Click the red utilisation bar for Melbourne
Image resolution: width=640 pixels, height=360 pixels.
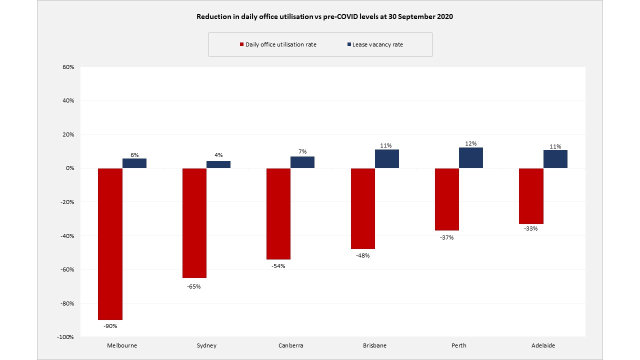click(110, 244)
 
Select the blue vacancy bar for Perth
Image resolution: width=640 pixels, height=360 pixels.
click(471, 158)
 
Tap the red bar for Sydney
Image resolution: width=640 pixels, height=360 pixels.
click(194, 223)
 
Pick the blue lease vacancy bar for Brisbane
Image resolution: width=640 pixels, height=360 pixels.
click(387, 159)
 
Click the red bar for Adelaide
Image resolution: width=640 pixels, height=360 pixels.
click(531, 196)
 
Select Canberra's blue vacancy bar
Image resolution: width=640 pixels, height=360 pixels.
click(302, 162)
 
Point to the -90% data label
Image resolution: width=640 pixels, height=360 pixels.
click(110, 326)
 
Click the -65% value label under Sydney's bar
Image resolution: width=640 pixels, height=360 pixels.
click(194, 286)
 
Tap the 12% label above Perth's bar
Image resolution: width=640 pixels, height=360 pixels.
click(471, 144)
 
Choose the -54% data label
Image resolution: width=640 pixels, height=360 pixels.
click(278, 266)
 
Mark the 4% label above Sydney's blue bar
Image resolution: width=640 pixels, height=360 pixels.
click(218, 155)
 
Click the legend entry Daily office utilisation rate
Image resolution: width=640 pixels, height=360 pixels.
click(280, 44)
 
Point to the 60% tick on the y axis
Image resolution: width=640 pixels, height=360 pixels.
click(68, 67)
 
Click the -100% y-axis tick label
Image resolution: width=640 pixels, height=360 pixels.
click(65, 337)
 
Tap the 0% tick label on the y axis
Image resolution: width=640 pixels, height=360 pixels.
click(69, 168)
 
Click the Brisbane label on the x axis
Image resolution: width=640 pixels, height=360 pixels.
click(374, 345)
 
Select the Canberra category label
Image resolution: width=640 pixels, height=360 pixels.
click(290, 345)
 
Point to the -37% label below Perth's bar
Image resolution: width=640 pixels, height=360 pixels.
click(446, 237)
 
